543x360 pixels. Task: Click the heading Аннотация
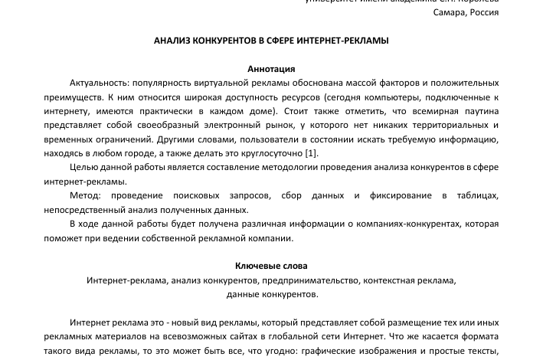tap(271, 69)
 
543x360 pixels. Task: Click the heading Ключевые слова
tap(271, 266)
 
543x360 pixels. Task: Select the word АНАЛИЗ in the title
tap(173, 41)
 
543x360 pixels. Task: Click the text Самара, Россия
tap(466, 13)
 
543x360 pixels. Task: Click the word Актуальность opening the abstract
tap(98, 83)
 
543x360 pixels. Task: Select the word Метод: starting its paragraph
tap(84, 195)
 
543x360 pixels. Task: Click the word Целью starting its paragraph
tap(83, 167)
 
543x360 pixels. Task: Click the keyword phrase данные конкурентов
tap(271, 294)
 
